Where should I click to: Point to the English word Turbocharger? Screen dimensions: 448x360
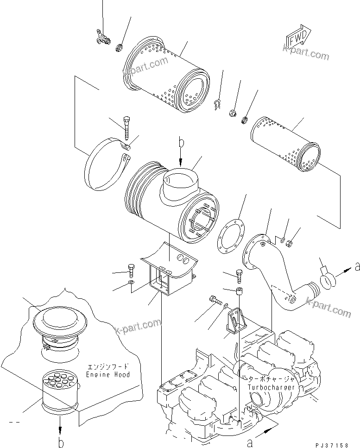(x=271, y=387)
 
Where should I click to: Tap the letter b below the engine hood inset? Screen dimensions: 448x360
(x=61, y=443)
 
